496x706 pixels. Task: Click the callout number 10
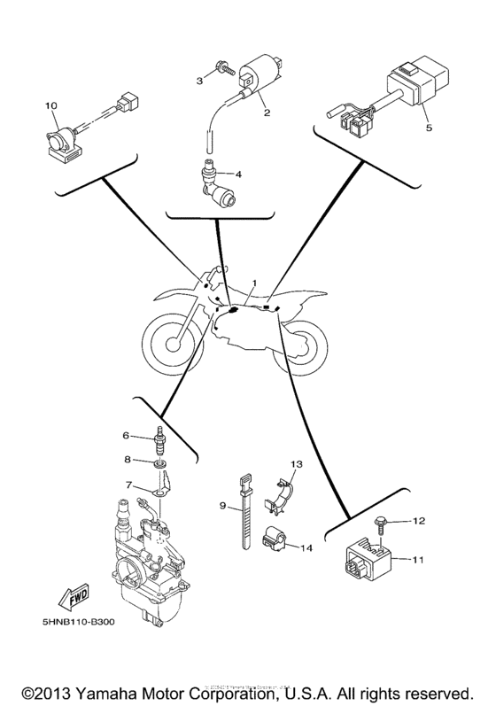(x=51, y=106)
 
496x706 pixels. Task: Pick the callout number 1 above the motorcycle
(x=253, y=284)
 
